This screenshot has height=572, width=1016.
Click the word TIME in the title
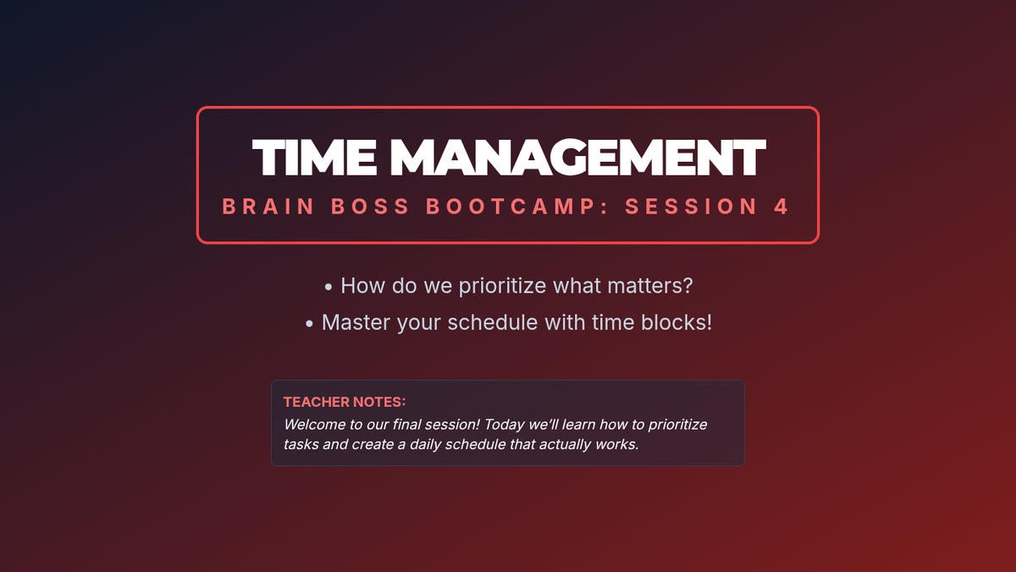(x=314, y=157)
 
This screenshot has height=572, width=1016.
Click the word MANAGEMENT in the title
(x=577, y=157)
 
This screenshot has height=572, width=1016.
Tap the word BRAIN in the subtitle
(x=268, y=207)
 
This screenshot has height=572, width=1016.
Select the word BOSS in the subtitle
(x=370, y=207)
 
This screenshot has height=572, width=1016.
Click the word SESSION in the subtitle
(x=691, y=207)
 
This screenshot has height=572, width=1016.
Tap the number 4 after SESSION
(x=781, y=207)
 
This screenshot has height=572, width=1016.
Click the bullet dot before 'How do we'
(x=329, y=287)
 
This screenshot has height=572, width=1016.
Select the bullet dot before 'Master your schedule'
(x=309, y=324)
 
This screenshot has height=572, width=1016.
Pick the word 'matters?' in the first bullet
(x=650, y=286)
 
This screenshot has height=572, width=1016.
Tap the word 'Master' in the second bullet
(x=356, y=322)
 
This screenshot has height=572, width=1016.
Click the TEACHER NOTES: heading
(x=345, y=402)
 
